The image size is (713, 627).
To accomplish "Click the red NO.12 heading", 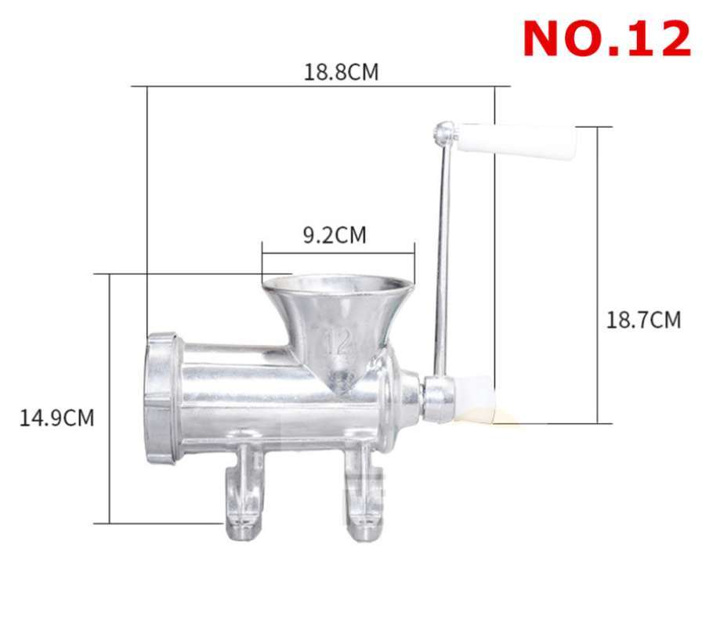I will coord(606,38).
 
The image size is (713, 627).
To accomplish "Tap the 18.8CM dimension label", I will coord(341,72).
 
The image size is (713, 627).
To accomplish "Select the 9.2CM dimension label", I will coord(335,235).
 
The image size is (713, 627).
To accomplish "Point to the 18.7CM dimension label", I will coord(643,320).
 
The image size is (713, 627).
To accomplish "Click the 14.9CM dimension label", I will coord(57,418).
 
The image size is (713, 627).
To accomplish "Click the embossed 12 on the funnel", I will coord(338,342).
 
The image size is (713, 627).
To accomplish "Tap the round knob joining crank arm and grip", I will coord(446,131).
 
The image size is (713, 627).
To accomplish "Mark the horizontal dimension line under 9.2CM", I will coord(337,253).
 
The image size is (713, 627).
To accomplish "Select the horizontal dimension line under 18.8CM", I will coord(321,86).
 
